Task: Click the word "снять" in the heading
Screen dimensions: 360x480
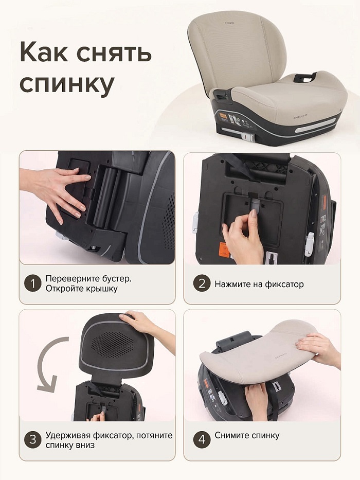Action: pyautogui.click(x=114, y=52)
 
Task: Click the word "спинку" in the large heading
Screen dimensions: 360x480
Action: pyautogui.click(x=67, y=84)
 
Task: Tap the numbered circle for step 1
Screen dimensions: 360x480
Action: pyautogui.click(x=33, y=283)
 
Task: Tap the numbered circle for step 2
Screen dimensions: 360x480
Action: pyautogui.click(x=202, y=283)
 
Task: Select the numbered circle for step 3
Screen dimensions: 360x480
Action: pyautogui.click(x=33, y=440)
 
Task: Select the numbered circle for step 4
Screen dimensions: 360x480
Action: pyautogui.click(x=202, y=440)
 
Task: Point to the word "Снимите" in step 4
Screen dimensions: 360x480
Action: pyautogui.click(x=231, y=435)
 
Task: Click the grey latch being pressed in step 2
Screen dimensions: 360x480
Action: pyautogui.click(x=255, y=204)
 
